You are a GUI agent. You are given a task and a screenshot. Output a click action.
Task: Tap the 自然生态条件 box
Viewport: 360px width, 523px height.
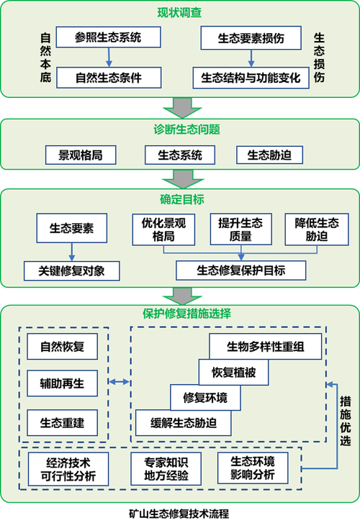[x=107, y=77]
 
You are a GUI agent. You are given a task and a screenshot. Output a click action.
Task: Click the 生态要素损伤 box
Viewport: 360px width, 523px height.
[x=251, y=38]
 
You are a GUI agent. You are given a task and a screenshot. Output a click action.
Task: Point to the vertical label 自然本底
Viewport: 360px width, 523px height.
[x=45, y=58]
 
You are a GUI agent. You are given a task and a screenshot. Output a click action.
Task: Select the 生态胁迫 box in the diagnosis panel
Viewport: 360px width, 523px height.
[x=269, y=155]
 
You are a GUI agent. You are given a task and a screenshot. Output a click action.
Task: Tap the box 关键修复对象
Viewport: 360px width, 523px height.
[x=71, y=270]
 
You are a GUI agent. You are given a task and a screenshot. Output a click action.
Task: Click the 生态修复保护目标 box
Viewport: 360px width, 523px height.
[x=240, y=270]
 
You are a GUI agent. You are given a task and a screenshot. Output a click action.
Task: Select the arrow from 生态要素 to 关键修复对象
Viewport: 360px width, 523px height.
[x=71, y=251]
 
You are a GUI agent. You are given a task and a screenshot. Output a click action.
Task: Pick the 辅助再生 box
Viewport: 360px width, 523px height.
[x=66, y=383]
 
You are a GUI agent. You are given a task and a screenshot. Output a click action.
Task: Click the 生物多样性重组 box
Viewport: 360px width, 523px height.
[x=264, y=346]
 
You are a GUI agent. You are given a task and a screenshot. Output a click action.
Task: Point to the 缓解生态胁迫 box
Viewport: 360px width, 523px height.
[x=183, y=422]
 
